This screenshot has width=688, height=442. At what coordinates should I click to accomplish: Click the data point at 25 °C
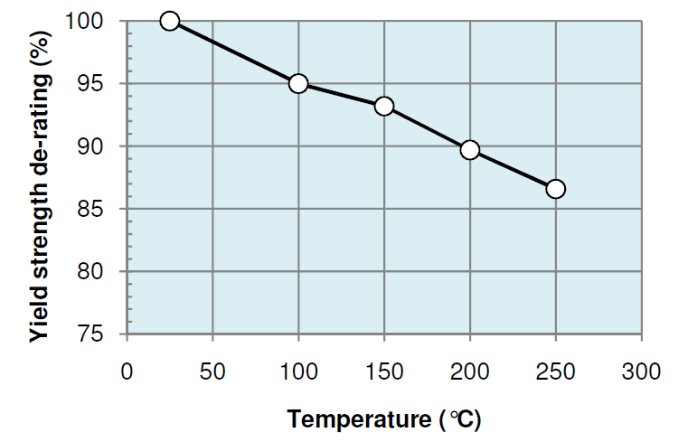(x=169, y=21)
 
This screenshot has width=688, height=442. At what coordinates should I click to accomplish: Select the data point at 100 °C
(x=298, y=84)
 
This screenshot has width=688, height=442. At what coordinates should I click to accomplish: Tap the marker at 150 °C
(x=384, y=107)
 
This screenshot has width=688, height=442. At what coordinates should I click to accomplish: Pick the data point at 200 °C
(x=470, y=150)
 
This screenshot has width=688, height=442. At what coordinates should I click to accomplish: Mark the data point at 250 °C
(x=556, y=189)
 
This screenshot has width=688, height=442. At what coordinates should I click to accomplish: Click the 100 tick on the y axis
(x=93, y=21)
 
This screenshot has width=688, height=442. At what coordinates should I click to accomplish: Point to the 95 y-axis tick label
(x=99, y=84)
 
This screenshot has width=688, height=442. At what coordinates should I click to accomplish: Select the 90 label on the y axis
(x=99, y=146)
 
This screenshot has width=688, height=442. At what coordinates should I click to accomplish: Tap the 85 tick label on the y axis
(x=99, y=209)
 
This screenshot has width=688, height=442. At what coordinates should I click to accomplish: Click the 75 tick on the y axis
(x=99, y=334)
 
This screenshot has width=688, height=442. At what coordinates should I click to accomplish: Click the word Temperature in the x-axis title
(x=359, y=419)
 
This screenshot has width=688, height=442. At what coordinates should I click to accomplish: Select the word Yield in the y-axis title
(x=39, y=317)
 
